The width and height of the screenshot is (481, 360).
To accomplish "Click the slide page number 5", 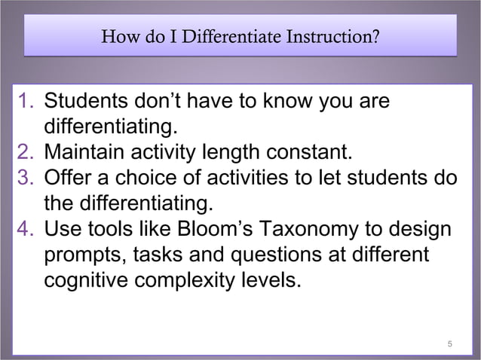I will coord(449,345).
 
